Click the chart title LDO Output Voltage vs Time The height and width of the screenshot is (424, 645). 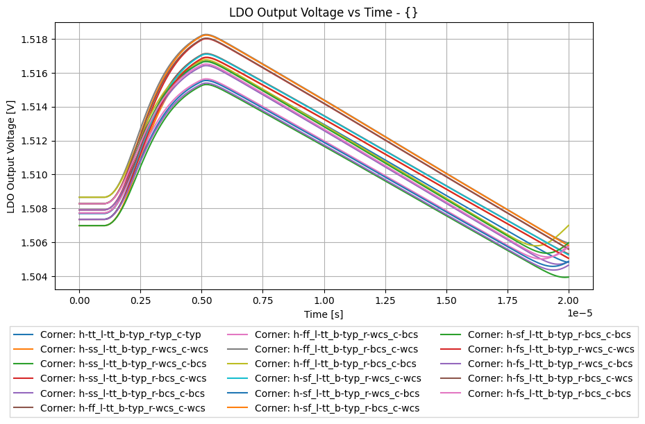pyautogui.click(x=323, y=12)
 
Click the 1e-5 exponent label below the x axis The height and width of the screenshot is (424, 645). pyautogui.click(x=580, y=313)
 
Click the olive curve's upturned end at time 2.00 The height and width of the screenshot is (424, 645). pyautogui.click(x=569, y=226)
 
